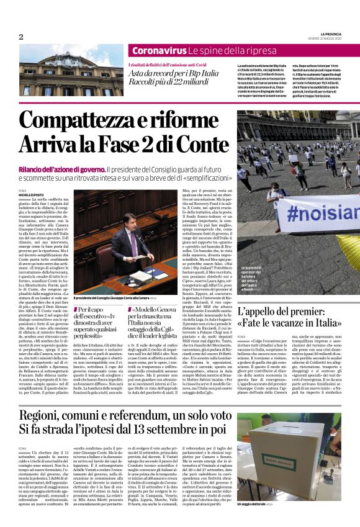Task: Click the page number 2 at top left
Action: [22, 37]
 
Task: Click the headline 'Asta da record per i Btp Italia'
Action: [173, 73]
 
